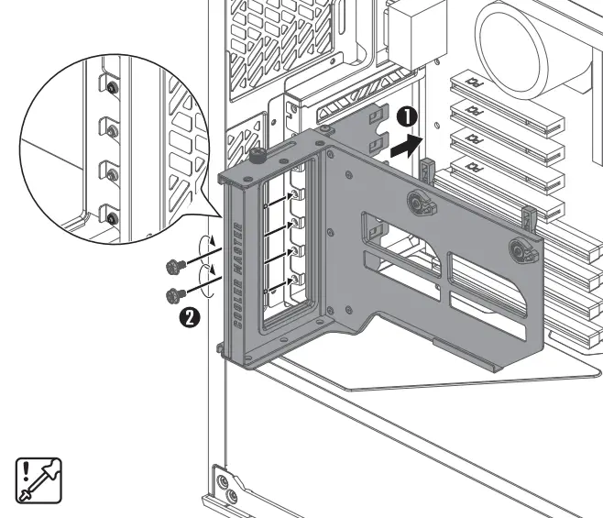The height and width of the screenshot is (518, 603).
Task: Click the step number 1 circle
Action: click(407, 116)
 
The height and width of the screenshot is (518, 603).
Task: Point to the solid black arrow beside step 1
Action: click(408, 142)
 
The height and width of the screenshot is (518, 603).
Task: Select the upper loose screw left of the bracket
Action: click(170, 266)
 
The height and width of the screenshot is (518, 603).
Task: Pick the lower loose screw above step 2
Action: click(170, 294)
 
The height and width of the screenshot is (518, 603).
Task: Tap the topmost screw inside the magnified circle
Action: click(110, 88)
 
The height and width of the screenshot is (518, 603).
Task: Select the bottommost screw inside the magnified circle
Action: click(111, 217)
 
